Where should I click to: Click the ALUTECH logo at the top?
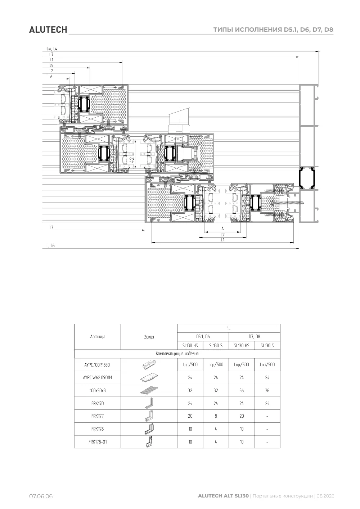48,30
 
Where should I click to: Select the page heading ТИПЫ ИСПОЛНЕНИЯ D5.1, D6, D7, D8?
273,29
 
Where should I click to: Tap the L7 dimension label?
51,54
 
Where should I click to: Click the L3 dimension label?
51,227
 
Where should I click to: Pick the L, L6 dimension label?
50,245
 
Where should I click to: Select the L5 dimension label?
51,65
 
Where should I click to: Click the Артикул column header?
98,337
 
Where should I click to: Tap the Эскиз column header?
149,337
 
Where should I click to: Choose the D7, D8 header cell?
254,337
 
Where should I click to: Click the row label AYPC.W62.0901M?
97,377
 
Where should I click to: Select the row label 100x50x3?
98,390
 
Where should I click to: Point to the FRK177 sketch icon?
149,416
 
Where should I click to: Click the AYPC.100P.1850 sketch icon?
149,364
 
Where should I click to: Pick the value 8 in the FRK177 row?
216,416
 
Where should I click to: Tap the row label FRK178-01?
98,442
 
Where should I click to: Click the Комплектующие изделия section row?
177,354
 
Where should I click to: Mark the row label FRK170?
98,403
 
